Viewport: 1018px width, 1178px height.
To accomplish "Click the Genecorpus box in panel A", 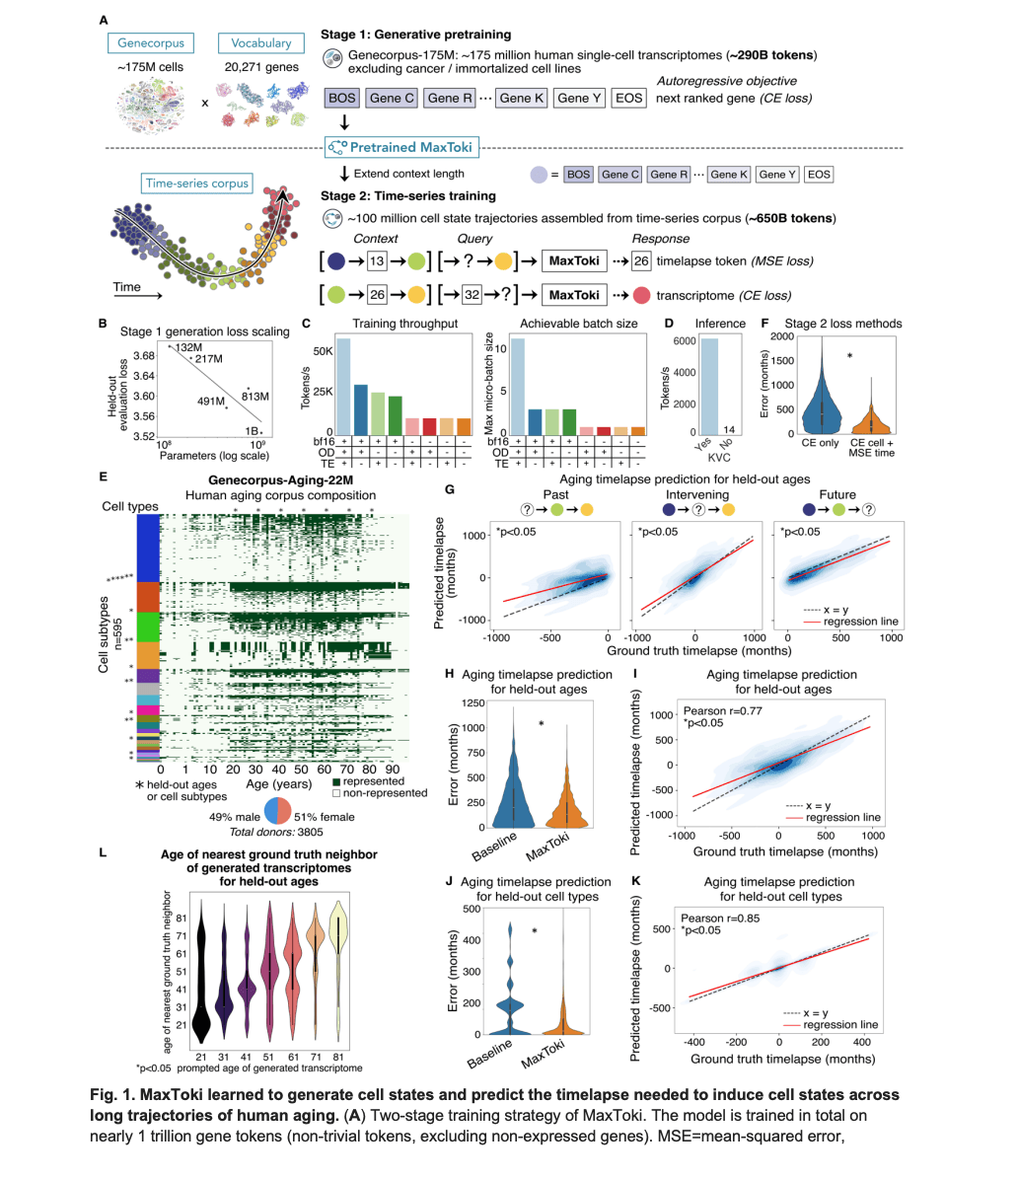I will click(151, 43).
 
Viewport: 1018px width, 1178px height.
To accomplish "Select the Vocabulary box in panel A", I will click(260, 43).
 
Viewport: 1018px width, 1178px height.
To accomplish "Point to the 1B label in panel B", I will click(254, 431).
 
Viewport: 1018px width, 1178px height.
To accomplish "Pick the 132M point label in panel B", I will click(179, 347).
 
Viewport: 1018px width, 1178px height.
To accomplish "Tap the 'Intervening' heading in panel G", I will click(696, 495).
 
